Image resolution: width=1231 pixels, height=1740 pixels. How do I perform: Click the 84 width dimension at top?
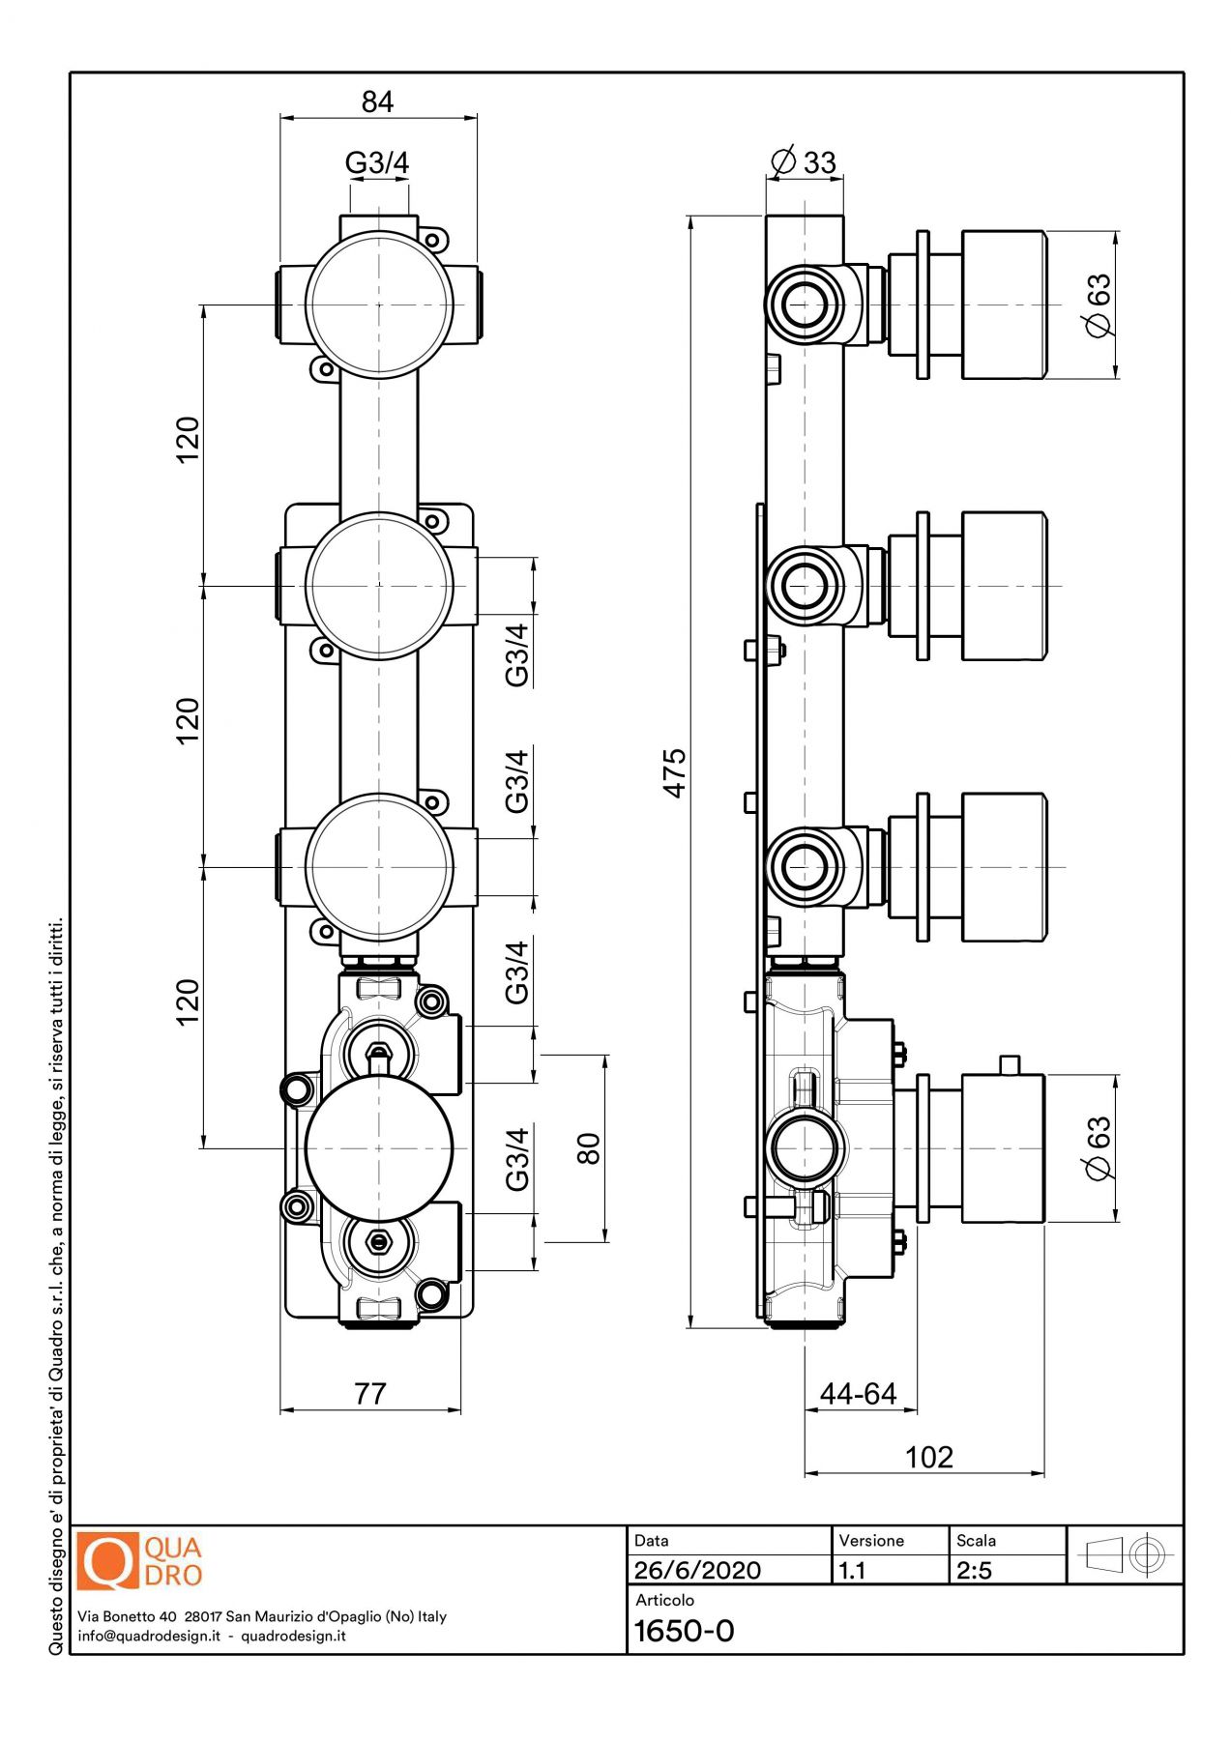(377, 101)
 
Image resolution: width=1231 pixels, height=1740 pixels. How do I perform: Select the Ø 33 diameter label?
(804, 161)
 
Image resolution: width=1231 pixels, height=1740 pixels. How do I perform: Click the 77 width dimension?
(370, 1393)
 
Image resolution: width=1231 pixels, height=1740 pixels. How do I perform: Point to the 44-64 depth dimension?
(858, 1393)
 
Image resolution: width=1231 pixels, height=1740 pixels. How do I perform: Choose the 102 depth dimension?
(928, 1457)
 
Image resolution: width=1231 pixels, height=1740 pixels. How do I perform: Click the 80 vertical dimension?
(588, 1148)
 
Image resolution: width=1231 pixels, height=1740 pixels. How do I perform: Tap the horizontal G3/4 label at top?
(377, 162)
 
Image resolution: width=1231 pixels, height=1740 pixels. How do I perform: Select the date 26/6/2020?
(697, 1570)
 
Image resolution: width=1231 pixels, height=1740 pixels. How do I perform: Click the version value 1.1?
(852, 1570)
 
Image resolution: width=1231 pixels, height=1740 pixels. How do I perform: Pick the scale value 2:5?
(974, 1570)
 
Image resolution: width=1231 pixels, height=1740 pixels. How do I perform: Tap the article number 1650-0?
(684, 1631)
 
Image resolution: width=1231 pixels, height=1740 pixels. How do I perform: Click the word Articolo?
(664, 1600)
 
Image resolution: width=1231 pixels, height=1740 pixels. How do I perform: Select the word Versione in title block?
(871, 1541)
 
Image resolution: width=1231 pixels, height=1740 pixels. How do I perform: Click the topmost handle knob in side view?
(1004, 304)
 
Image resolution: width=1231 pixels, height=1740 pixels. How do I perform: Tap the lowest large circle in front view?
(379, 1148)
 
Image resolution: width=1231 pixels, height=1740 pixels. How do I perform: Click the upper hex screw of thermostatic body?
(379, 1051)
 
